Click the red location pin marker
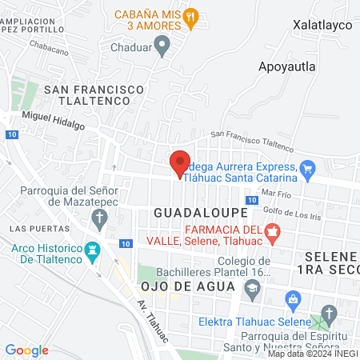coord(179,162)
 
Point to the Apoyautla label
coord(286,66)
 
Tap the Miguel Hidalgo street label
coord(53,117)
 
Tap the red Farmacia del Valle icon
coord(274,235)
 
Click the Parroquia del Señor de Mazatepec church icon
coord(98,217)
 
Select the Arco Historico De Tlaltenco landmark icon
coord(92,250)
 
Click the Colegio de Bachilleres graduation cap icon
coord(254,294)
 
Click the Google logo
coord(26,350)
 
